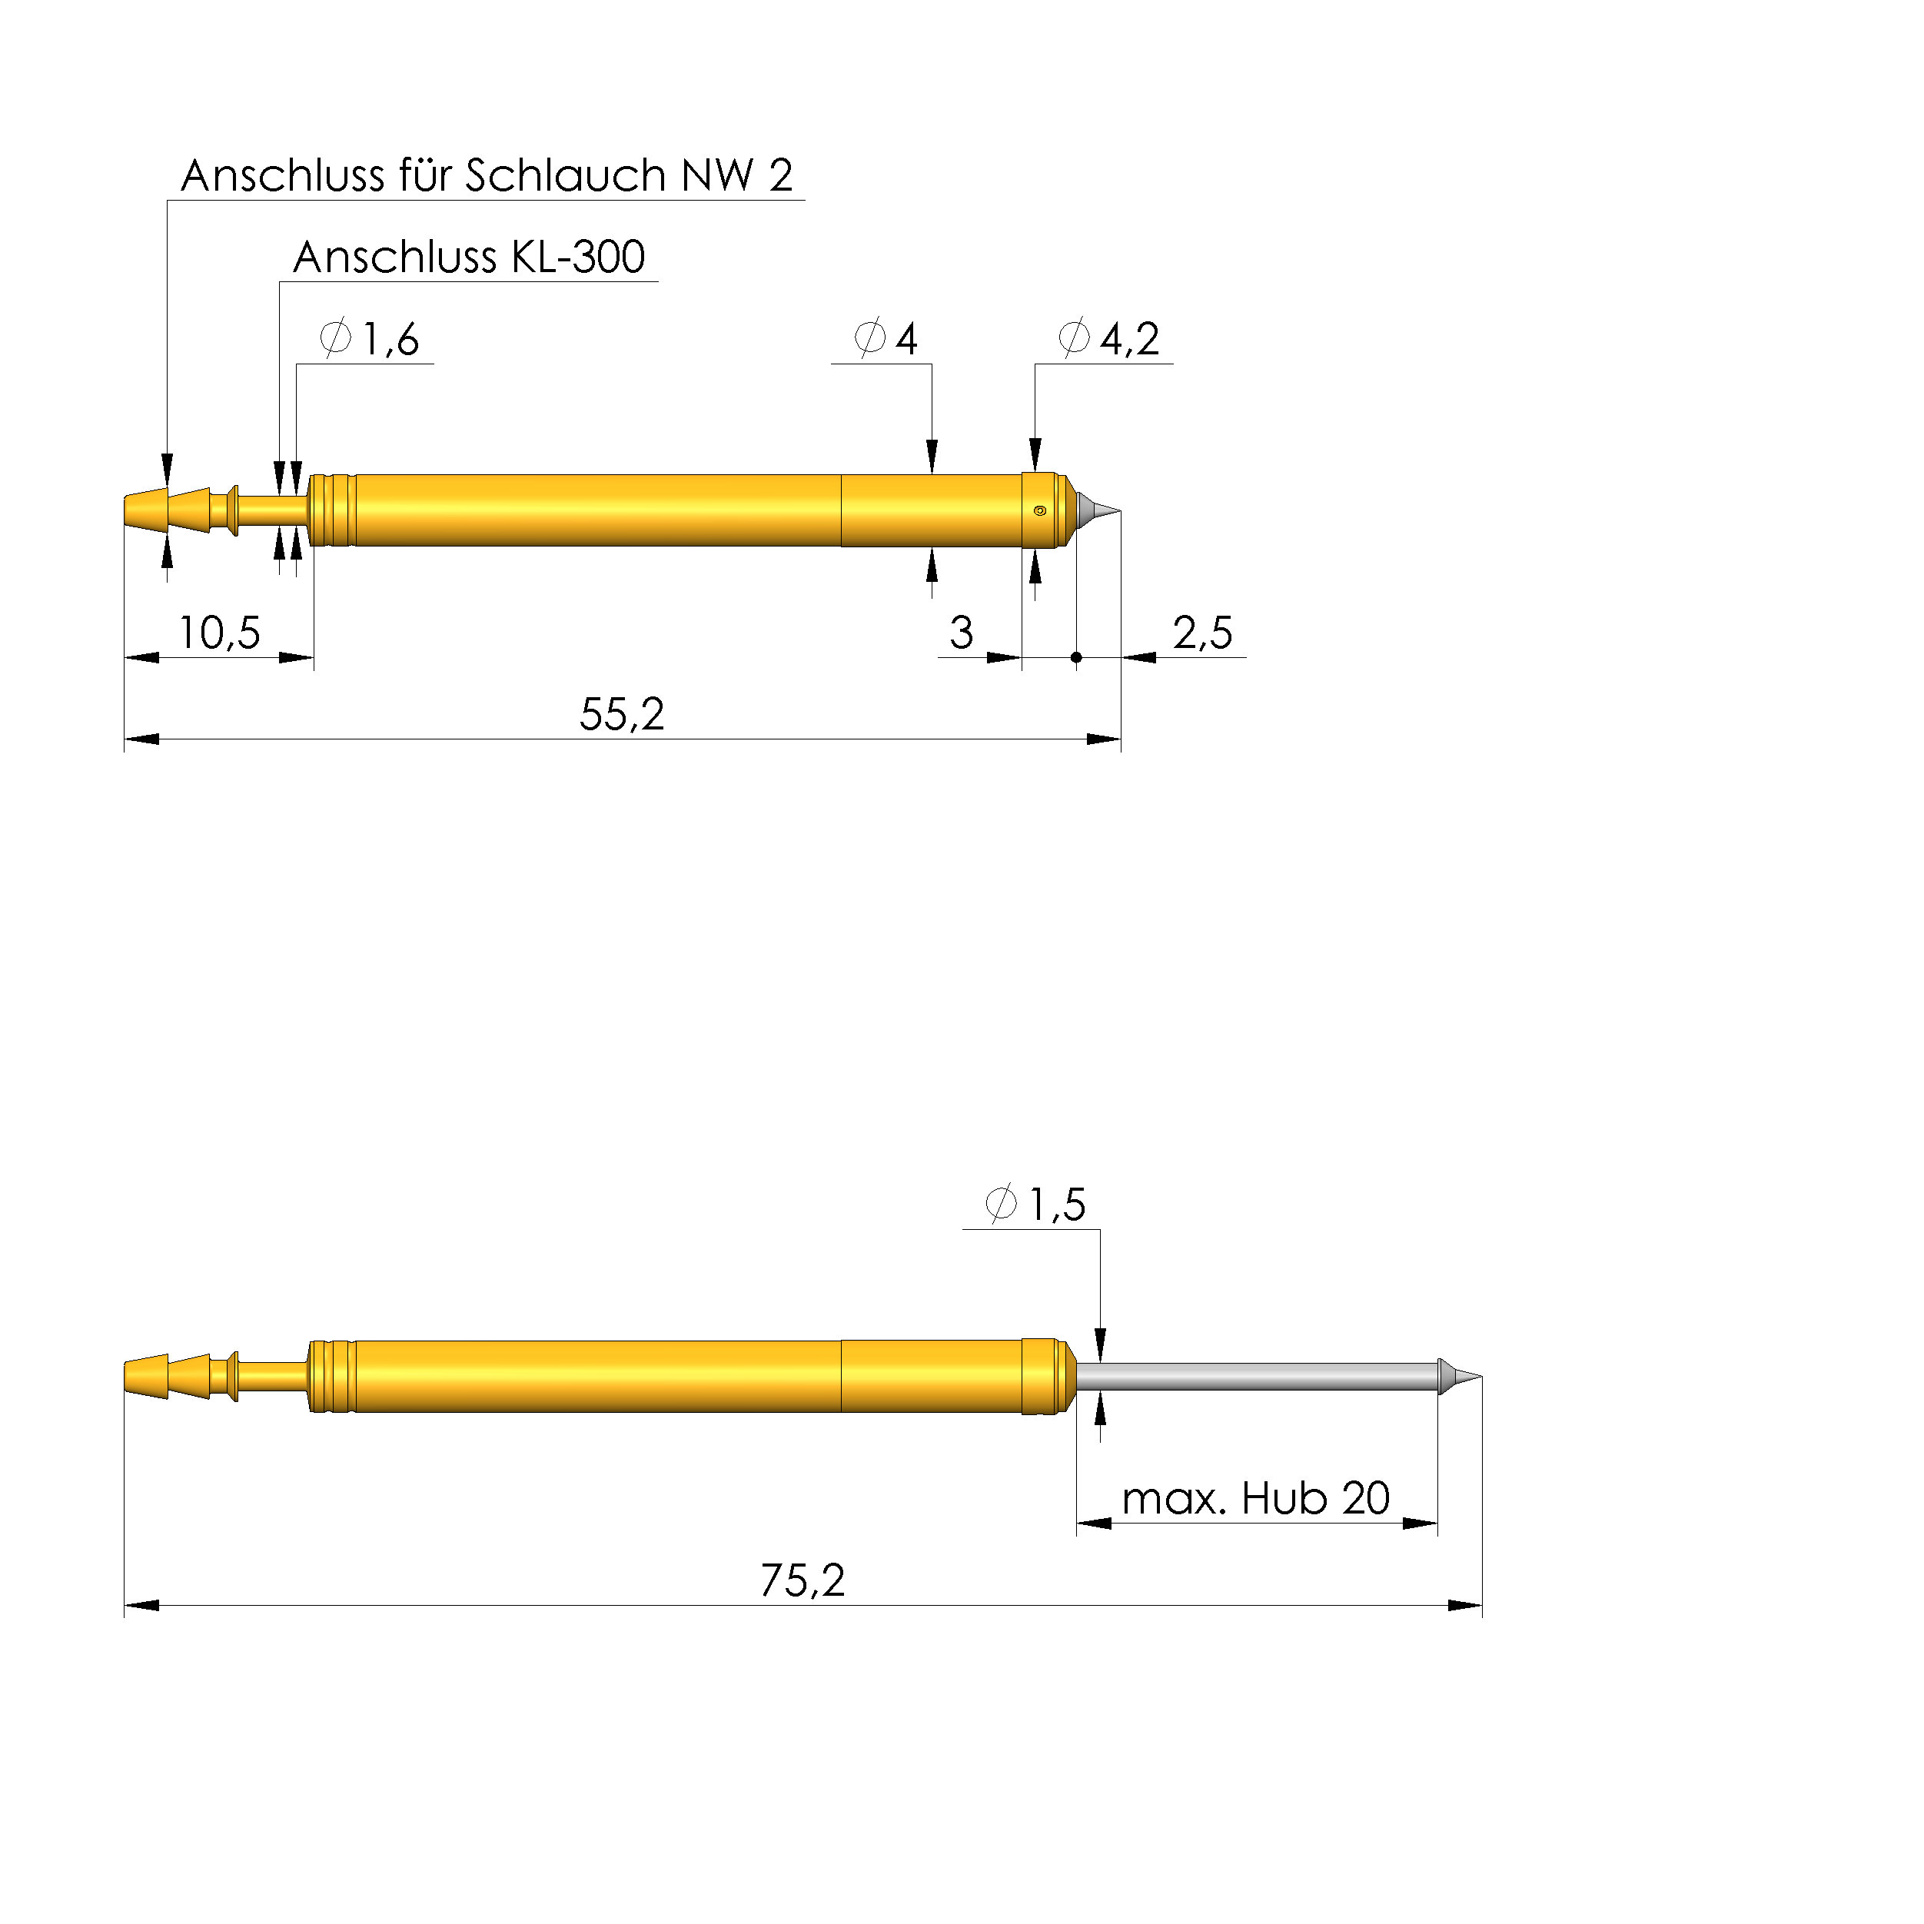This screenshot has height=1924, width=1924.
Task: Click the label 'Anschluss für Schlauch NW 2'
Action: (x=487, y=175)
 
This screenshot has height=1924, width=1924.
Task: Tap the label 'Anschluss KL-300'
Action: (x=469, y=257)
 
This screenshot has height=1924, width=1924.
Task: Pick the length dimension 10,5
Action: (x=219, y=633)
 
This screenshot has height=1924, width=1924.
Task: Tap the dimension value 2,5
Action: (x=1202, y=633)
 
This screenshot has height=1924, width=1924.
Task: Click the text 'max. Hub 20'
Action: (x=1254, y=1500)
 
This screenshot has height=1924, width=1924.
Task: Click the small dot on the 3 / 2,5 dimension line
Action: (x=1076, y=657)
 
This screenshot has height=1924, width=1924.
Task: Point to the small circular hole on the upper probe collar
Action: (x=1040, y=511)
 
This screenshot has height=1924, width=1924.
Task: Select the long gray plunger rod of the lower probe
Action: (x=1254, y=1377)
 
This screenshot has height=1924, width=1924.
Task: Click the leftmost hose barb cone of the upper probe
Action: (x=145, y=511)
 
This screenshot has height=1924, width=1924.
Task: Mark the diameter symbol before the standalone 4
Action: (x=869, y=337)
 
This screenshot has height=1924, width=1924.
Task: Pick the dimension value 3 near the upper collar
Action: (x=961, y=633)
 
